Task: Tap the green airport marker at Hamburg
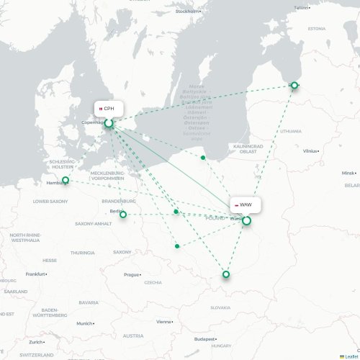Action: [66, 181]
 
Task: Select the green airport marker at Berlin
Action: [123, 214]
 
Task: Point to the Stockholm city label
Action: [188, 12]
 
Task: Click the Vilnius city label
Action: [310, 151]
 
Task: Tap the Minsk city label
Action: [348, 173]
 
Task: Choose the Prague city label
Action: [131, 274]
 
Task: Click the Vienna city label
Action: [165, 322]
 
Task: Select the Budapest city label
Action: [206, 338]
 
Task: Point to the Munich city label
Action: [85, 323]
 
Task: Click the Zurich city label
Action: [35, 342]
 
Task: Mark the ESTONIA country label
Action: [317, 29]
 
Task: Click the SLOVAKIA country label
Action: [220, 307]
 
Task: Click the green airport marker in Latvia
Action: [294, 86]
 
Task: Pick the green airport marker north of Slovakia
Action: [226, 274]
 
